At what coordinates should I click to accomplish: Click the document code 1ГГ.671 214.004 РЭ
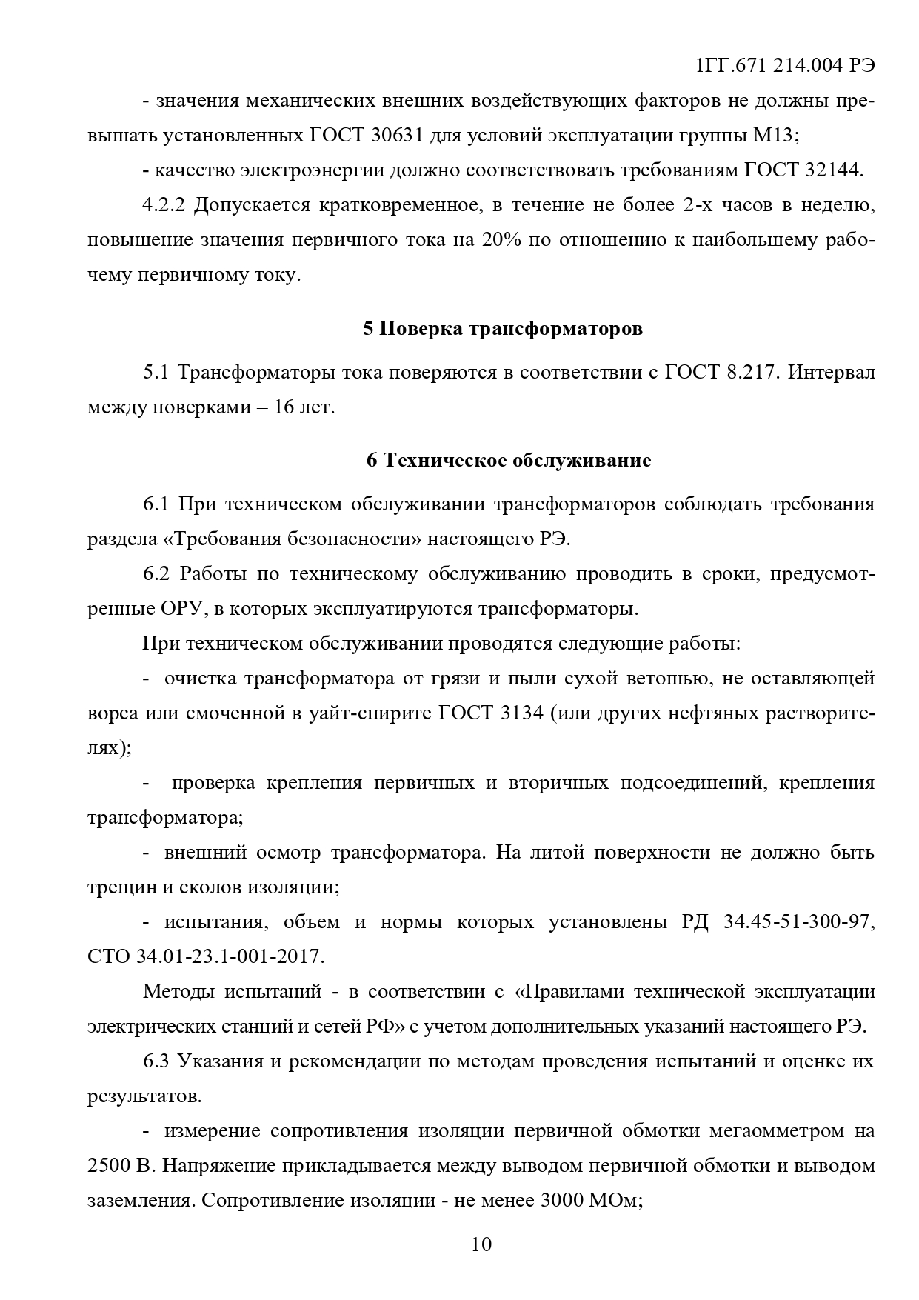coord(785,66)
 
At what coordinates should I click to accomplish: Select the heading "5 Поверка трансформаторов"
coord(503,328)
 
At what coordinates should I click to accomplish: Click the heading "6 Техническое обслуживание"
coord(509,460)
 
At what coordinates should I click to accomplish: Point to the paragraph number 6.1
coord(157,504)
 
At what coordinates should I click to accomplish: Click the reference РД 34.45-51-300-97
coord(778,922)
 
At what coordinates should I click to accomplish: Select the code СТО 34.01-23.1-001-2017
coord(205,956)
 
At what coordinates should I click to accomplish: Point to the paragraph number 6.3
coord(157,1061)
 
